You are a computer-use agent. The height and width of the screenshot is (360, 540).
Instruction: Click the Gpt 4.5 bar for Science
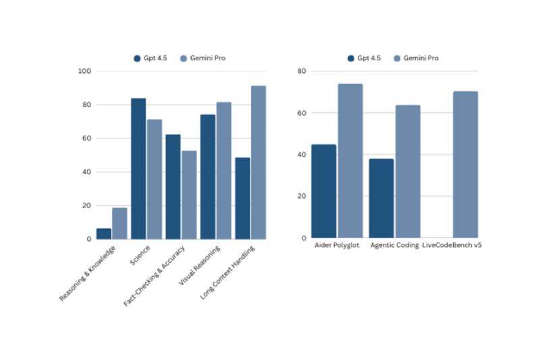pyautogui.click(x=138, y=169)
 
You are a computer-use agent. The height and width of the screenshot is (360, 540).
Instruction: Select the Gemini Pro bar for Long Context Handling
pyautogui.click(x=259, y=162)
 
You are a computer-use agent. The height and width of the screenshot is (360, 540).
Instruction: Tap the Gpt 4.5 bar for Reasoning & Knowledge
pyautogui.click(x=104, y=234)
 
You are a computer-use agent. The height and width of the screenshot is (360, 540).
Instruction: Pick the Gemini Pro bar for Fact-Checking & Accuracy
pyautogui.click(x=189, y=195)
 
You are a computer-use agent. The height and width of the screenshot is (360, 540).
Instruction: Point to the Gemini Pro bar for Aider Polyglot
pyautogui.click(x=350, y=161)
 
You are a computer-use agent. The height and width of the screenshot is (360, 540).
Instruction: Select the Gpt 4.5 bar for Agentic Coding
pyautogui.click(x=381, y=199)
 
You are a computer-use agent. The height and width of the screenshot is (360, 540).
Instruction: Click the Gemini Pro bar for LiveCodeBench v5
pyautogui.click(x=465, y=165)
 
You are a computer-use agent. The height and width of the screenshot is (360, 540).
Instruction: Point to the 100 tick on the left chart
pyautogui.click(x=85, y=71)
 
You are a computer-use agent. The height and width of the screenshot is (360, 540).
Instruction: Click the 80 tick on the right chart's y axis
pyautogui.click(x=302, y=71)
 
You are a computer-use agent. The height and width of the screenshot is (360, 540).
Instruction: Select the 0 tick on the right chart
pyautogui.click(x=304, y=238)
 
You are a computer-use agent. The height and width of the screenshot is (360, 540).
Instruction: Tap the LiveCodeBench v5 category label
pyautogui.click(x=452, y=245)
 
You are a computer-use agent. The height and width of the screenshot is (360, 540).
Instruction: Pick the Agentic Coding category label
pyautogui.click(x=394, y=245)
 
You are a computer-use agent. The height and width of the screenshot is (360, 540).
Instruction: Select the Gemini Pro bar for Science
pyautogui.click(x=155, y=179)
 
